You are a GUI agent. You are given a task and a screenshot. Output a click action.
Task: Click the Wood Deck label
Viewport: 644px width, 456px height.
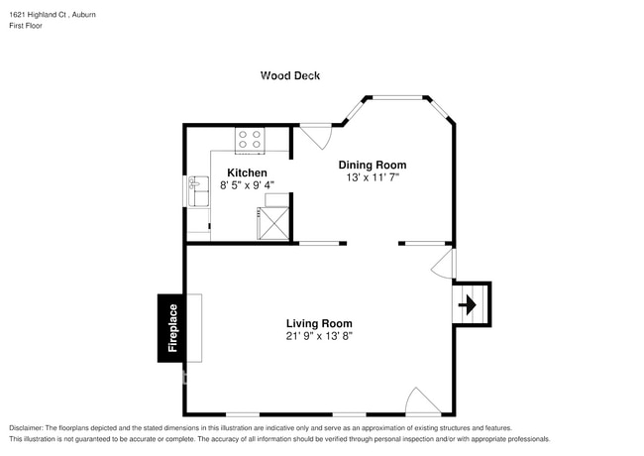pos(290,75)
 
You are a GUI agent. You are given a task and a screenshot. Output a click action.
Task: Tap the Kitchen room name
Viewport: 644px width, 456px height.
pos(247,172)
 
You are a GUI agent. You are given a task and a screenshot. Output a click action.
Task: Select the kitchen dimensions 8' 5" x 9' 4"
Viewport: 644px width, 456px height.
pos(246,184)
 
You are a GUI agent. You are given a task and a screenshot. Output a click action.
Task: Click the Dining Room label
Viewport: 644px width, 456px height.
pos(373,165)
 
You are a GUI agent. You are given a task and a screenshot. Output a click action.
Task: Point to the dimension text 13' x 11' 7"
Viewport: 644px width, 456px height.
pos(373,177)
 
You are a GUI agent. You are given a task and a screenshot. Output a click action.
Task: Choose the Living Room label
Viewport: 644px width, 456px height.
pos(319,323)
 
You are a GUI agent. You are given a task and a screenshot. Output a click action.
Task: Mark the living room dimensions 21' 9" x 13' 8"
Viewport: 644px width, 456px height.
pos(319,336)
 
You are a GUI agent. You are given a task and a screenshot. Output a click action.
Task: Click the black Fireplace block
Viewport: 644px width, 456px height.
pos(172,328)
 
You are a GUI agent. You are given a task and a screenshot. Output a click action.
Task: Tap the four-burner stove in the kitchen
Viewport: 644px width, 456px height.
pos(250,140)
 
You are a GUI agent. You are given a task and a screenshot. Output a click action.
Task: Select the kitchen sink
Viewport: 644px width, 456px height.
pos(197,185)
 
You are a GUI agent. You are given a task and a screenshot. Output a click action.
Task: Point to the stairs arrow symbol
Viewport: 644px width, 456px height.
pos(471,303)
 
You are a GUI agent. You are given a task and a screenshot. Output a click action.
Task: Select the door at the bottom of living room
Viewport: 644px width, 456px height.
pos(423,401)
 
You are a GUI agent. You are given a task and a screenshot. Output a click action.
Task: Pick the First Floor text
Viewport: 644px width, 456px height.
pos(27,26)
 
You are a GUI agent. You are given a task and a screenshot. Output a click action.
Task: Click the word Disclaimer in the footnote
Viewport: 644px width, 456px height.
pos(29,427)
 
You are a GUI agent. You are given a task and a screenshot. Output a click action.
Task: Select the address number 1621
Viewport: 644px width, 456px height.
pos(17,14)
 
